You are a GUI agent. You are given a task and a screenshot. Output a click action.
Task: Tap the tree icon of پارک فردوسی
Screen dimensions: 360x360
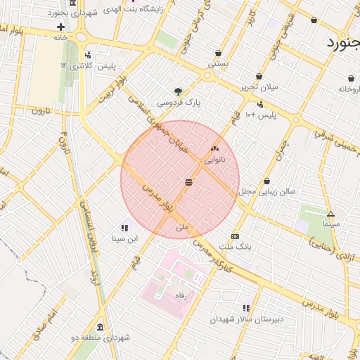point(178,91)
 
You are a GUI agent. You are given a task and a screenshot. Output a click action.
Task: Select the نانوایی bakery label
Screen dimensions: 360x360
point(214,160)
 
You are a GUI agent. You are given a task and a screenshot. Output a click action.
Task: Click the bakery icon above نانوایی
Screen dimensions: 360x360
point(214,149)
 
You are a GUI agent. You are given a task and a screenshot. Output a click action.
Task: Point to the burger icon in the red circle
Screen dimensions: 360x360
point(188,182)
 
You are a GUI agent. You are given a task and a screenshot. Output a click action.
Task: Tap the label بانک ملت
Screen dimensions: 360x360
point(235,247)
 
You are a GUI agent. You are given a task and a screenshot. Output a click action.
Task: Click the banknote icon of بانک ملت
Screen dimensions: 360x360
point(235,237)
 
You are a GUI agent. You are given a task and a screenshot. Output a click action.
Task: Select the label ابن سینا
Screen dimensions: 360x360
point(124,238)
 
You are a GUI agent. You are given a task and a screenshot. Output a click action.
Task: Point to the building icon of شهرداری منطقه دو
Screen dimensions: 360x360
point(101,328)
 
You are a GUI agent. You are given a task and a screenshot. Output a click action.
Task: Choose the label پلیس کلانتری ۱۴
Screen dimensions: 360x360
point(87,66)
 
